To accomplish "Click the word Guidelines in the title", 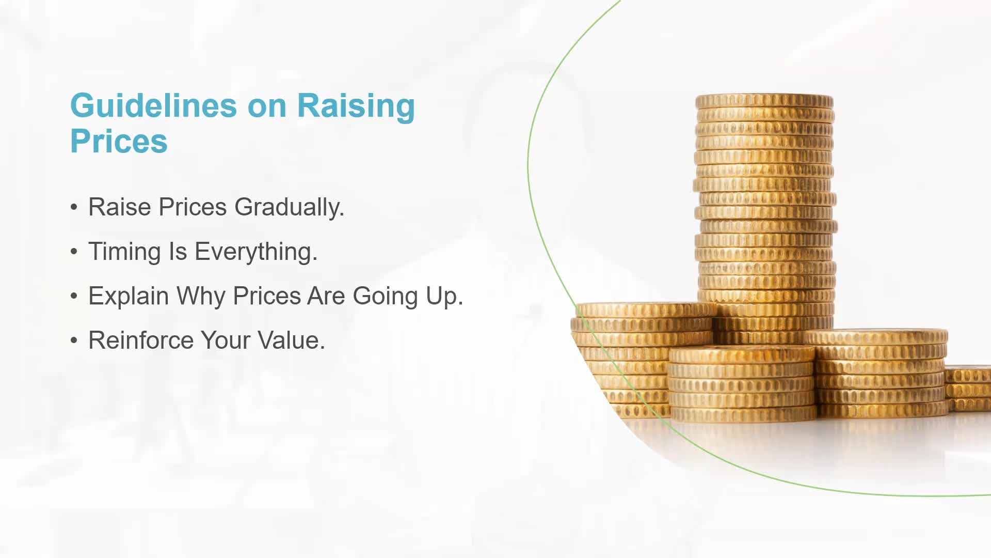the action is point(154,106).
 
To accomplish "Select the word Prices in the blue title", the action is point(119,141).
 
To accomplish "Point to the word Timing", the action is point(124,252).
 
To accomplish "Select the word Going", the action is point(386,297).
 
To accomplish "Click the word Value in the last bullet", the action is point(291,340).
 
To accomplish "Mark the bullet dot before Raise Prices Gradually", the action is point(74,207).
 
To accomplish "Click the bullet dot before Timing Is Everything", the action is point(74,252).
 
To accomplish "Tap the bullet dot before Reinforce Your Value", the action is point(74,340).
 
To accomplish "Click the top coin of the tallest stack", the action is point(764,101).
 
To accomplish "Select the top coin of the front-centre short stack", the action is point(742,355).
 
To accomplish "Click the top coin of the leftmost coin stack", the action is point(645,309).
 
